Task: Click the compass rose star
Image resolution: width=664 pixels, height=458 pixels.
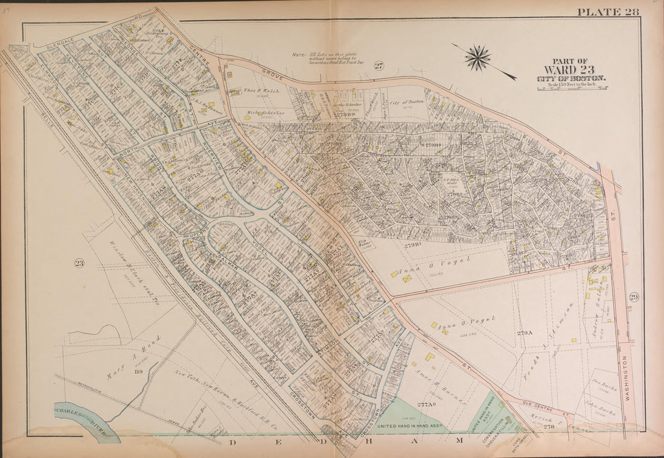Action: coord(478,58)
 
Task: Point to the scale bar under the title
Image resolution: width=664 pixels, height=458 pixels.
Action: coord(572,88)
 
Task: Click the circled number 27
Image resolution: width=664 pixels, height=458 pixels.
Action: coord(378,66)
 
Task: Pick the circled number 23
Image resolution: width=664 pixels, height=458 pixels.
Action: coord(79,262)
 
